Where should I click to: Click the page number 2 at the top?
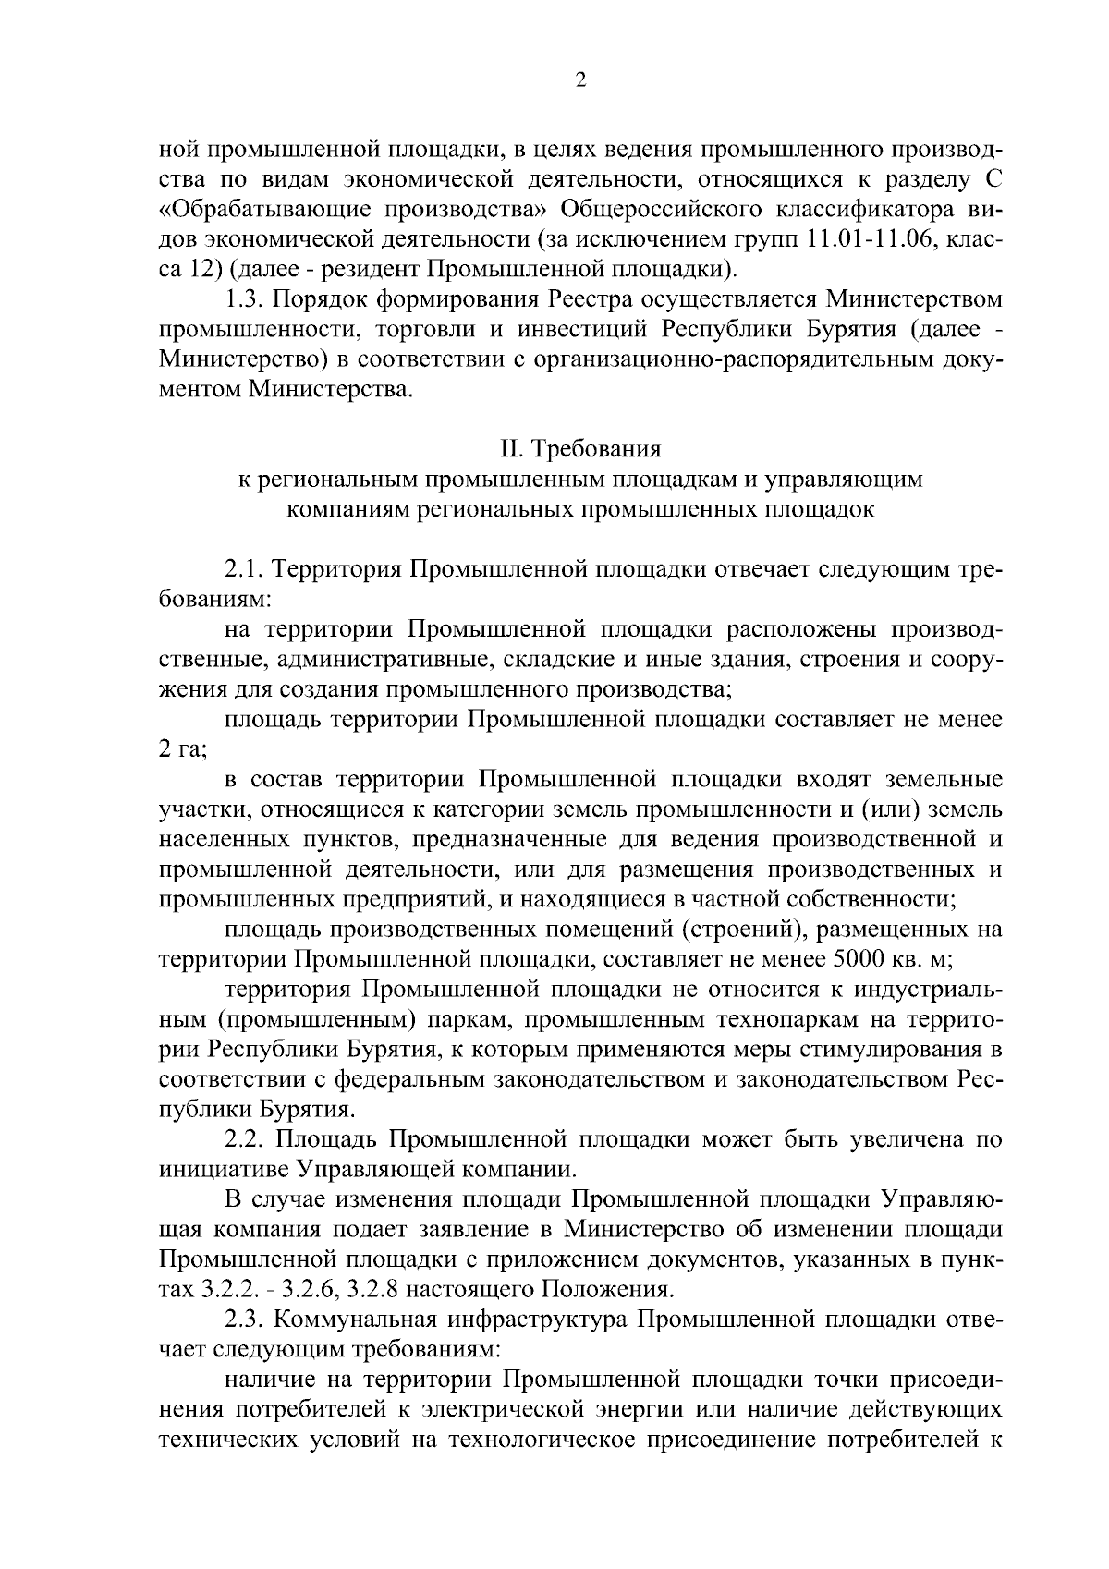(580, 80)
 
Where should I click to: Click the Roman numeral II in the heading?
(510, 449)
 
